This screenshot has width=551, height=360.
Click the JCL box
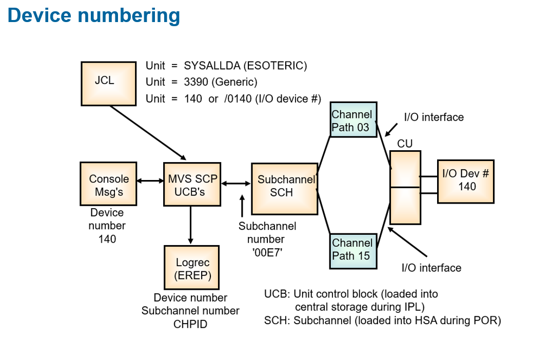tap(109, 84)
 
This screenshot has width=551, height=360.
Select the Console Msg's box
tap(108, 183)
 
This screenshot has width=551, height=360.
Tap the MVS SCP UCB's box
tap(192, 184)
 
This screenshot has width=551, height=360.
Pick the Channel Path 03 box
tap(352, 121)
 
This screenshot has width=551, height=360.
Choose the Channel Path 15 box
tap(352, 250)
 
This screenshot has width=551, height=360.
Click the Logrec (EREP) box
tap(191, 268)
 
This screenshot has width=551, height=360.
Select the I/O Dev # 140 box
tap(465, 181)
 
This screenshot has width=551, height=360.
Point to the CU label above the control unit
tap(405, 144)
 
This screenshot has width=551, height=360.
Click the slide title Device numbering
tap(94, 15)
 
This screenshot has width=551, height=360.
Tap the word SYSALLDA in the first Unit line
tap(210, 66)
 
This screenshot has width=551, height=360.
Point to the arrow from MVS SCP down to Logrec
tap(191, 225)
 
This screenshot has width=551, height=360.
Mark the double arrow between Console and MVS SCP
tap(150, 181)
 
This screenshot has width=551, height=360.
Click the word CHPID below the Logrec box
tap(190, 324)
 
